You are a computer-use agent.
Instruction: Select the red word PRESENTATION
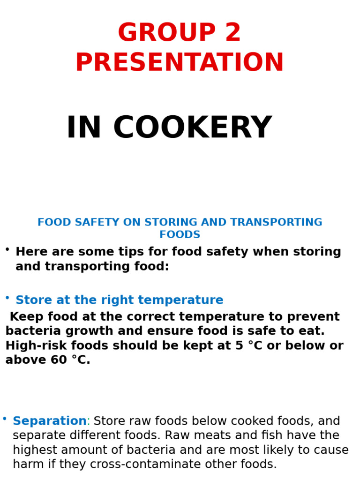(180, 63)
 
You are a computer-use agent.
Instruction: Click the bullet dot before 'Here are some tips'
(7, 249)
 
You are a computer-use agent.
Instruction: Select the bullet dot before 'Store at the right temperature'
(7, 297)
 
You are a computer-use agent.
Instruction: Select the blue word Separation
(50, 421)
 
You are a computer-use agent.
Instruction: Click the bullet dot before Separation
(4, 419)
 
